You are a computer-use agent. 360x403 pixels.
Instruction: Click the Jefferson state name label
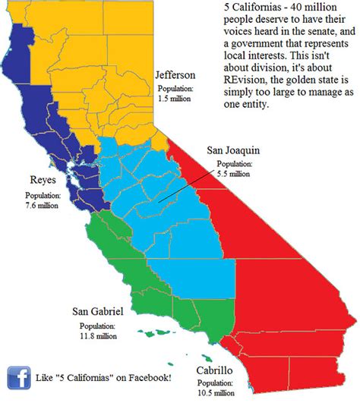click(x=175, y=76)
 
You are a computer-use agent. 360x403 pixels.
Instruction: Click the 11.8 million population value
click(x=99, y=335)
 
